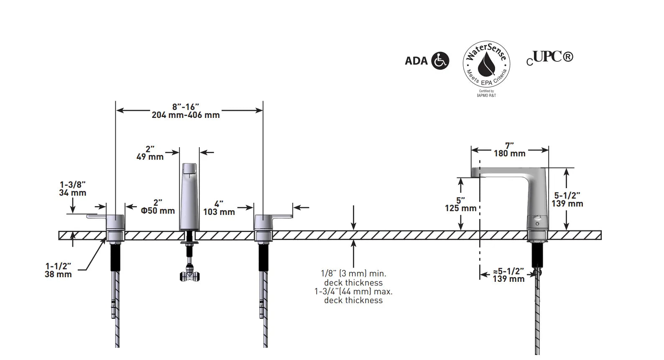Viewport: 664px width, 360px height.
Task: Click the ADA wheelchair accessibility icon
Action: tap(440, 61)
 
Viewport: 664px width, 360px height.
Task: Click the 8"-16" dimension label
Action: tap(186, 107)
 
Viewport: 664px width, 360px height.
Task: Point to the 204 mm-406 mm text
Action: tap(186, 115)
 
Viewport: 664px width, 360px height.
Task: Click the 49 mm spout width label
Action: tap(150, 157)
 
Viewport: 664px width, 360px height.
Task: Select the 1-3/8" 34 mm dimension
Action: tap(73, 189)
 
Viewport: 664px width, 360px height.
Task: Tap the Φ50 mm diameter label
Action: tap(158, 211)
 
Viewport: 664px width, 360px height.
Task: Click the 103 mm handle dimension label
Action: tap(219, 212)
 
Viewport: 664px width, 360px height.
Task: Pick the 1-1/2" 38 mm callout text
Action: tap(58, 270)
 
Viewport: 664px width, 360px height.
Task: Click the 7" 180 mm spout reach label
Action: tap(509, 150)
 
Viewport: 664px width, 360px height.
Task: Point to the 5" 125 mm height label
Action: tap(460, 204)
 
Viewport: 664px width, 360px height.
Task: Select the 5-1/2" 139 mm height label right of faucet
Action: tap(567, 199)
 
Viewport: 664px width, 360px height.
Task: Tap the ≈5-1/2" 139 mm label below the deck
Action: tap(508, 275)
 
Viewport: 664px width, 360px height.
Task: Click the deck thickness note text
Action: tap(353, 287)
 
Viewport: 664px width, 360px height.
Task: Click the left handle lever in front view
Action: tap(97, 217)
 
